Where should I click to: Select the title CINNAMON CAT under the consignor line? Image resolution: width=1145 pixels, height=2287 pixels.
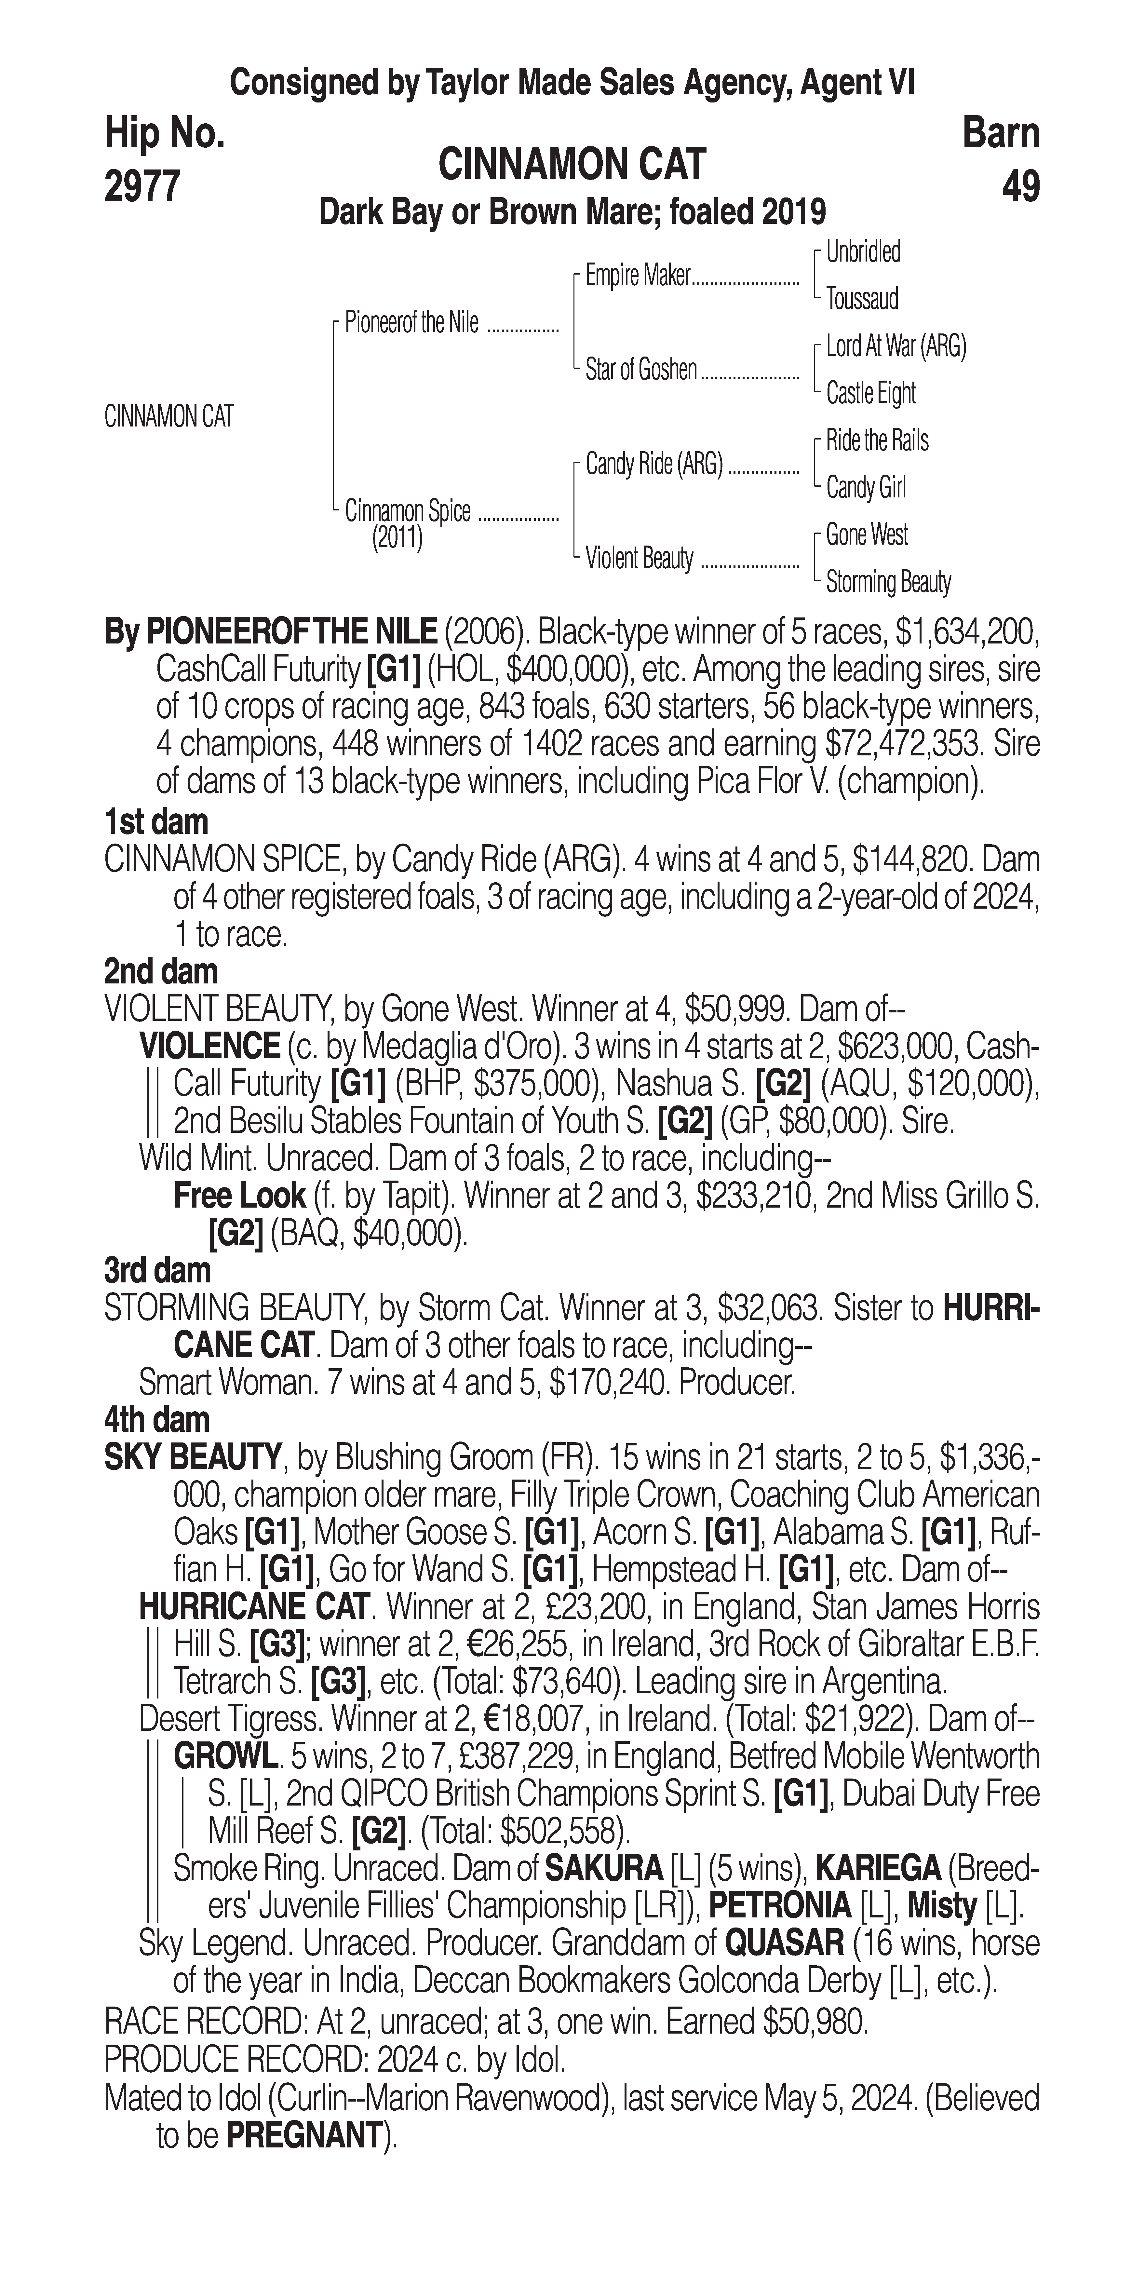coord(572,164)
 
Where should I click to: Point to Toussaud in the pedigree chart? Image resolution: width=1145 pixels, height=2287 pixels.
coord(862,299)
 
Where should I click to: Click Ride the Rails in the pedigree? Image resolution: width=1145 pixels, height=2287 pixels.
coord(877,440)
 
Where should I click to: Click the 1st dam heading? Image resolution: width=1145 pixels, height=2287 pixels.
coord(156,822)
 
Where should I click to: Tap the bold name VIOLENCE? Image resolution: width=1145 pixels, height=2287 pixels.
coord(209,1046)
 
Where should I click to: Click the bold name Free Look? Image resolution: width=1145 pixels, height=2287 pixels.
coord(240,1196)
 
